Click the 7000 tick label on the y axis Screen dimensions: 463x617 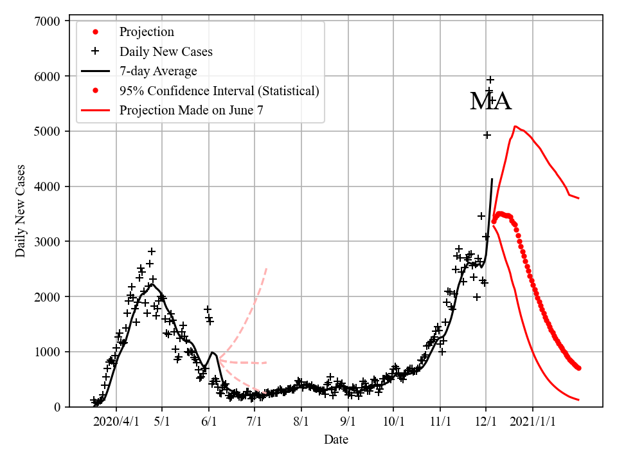[x=48, y=21]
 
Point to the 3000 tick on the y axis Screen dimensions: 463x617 [x=48, y=242]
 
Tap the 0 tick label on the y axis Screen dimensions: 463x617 [x=57, y=407]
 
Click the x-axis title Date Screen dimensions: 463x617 [x=336, y=440]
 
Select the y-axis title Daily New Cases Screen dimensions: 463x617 [x=21, y=211]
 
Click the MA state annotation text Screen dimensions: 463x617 [x=490, y=102]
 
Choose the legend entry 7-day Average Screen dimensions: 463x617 [x=158, y=71]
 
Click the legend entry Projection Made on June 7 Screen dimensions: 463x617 [x=191, y=111]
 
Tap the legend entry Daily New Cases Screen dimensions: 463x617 [x=166, y=51]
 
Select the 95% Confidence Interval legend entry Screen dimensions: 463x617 [x=219, y=91]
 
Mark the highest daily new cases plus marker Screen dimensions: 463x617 [x=490, y=80]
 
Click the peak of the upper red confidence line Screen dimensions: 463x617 [x=515, y=127]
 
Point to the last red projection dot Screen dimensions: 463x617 [x=578, y=368]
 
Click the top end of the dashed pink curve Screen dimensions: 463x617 [x=266, y=269]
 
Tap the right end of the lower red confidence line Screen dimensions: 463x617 [x=578, y=400]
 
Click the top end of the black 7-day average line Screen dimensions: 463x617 [x=492, y=179]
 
